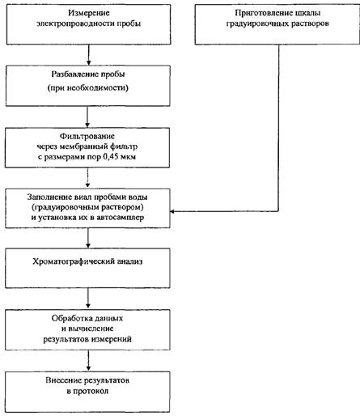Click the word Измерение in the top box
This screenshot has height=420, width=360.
pos(89,13)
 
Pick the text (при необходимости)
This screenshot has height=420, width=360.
pos(88,88)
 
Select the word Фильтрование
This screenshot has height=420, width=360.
pos(87,136)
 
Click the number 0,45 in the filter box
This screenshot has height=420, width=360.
pos(111,157)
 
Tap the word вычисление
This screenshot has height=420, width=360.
pos(91,329)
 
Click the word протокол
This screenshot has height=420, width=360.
pos(91,391)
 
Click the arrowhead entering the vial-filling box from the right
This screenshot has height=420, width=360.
pos(172,211)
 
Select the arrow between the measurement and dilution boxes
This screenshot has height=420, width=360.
pos(88,55)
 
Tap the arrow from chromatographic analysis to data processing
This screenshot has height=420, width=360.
pos(88,298)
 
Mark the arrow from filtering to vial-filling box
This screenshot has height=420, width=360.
pos(87,177)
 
